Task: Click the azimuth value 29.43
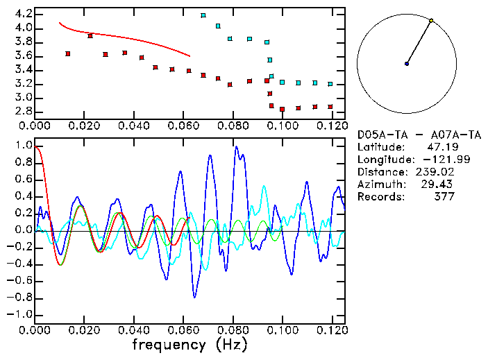coord(440,185)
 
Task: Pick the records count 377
coord(444,197)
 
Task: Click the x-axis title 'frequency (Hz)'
coord(189,345)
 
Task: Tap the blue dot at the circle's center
coord(407,64)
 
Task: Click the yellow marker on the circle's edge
coord(431,21)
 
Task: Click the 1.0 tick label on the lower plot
coord(23,146)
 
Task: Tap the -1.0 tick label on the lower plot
coord(21,314)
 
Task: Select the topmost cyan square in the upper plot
coord(203,15)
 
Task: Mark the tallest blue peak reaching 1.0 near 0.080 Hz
coord(236,147)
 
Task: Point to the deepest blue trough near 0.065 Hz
coord(194,297)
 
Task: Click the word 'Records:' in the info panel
coord(380,197)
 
